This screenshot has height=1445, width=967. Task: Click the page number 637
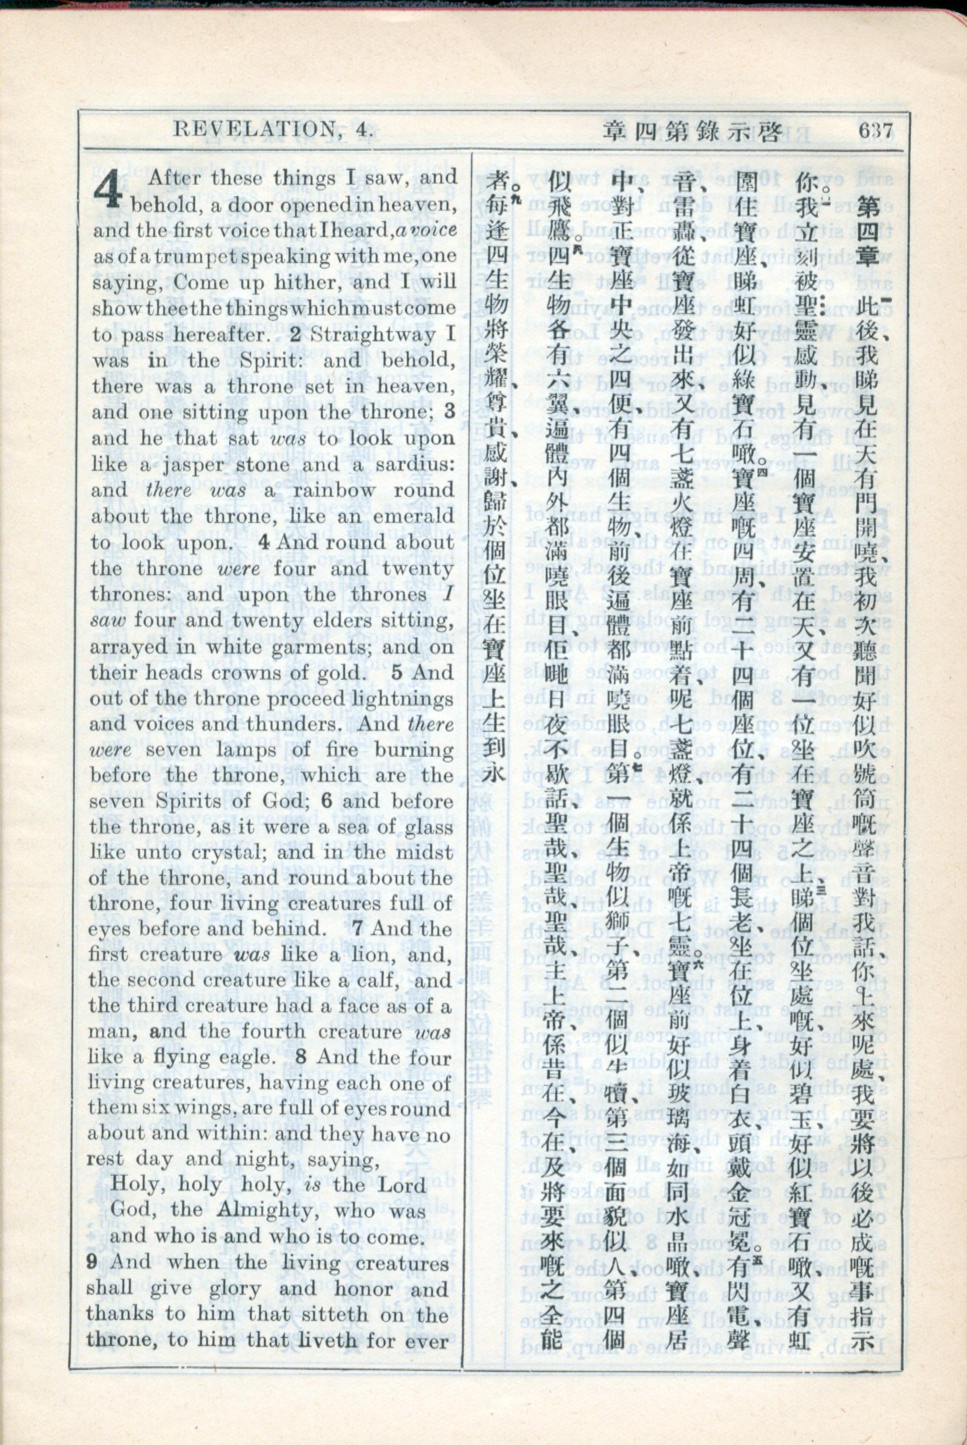(x=875, y=132)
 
